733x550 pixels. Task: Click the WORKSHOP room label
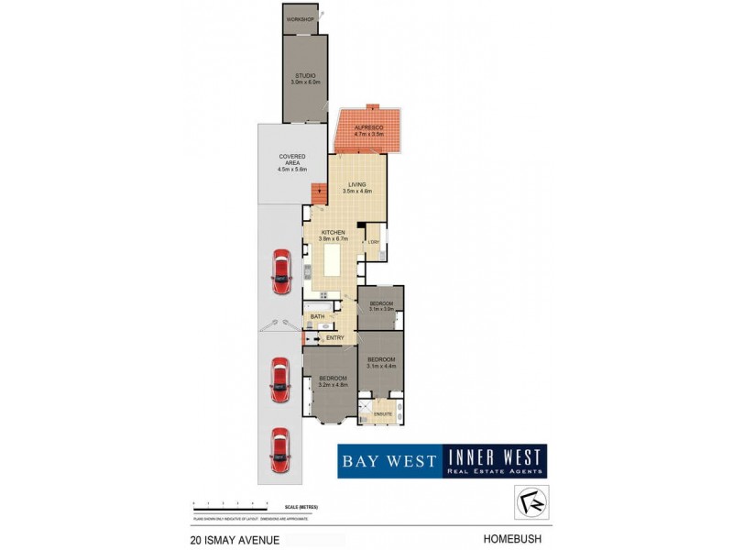click(300, 19)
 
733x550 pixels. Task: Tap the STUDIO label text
click(305, 75)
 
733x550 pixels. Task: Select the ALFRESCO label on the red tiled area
click(369, 129)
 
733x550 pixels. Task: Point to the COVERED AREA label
click(292, 159)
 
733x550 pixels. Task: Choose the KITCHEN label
click(332, 233)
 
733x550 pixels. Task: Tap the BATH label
click(317, 317)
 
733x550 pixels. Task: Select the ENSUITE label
click(382, 415)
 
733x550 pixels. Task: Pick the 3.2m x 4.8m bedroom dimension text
click(333, 385)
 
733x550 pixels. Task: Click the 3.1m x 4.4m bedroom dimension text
click(381, 366)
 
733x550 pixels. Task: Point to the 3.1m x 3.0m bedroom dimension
click(381, 309)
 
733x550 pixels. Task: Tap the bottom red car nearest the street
click(280, 446)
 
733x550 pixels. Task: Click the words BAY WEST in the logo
click(388, 460)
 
